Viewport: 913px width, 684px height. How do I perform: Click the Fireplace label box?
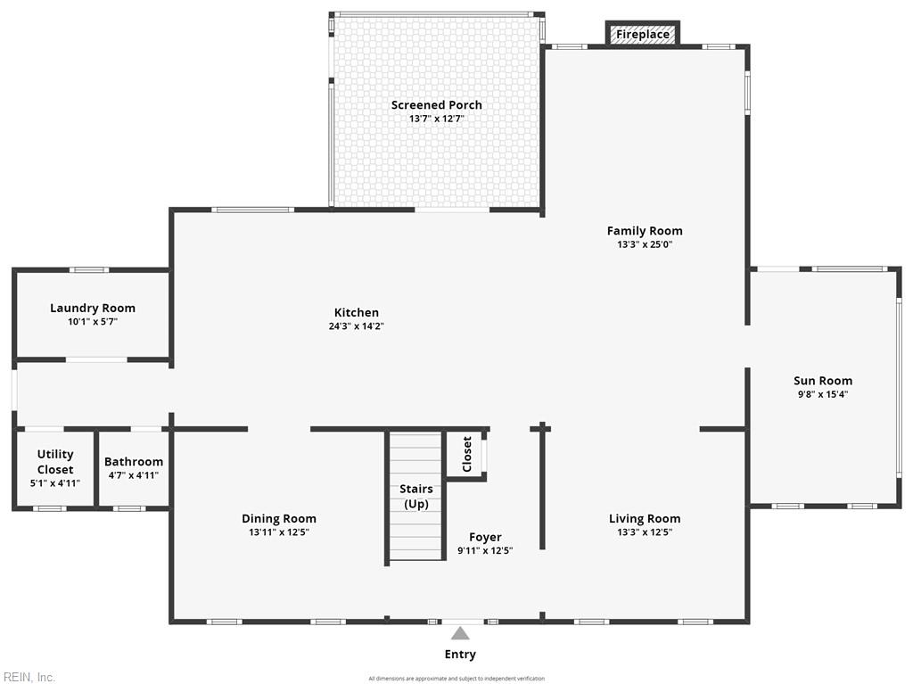643,35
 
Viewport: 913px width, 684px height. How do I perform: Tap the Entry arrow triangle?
460,633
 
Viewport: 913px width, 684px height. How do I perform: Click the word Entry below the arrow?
460,655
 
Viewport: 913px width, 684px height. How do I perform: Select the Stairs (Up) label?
416,496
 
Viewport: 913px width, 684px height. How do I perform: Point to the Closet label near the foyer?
467,454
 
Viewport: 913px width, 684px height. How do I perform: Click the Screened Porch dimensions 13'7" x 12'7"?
437,119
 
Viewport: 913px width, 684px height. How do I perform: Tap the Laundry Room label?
93,309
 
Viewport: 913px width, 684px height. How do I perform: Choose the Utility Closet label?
55,462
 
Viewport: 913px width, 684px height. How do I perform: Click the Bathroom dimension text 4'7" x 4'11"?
134,476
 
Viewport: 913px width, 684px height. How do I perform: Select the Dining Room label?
279,519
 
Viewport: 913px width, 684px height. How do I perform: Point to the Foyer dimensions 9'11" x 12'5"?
485,550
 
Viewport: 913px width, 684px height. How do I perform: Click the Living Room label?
645,519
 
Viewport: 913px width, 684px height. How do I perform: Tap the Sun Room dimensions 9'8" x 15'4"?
823,394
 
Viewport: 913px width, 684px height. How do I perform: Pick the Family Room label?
645,231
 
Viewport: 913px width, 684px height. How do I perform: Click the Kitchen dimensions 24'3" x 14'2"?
356,326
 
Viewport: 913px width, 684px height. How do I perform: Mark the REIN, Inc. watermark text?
29,677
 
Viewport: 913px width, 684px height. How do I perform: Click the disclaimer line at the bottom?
456,679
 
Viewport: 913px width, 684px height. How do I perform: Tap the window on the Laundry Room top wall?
89,269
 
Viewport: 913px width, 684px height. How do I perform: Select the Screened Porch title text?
437,105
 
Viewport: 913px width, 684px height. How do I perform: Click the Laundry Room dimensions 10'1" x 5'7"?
93,322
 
